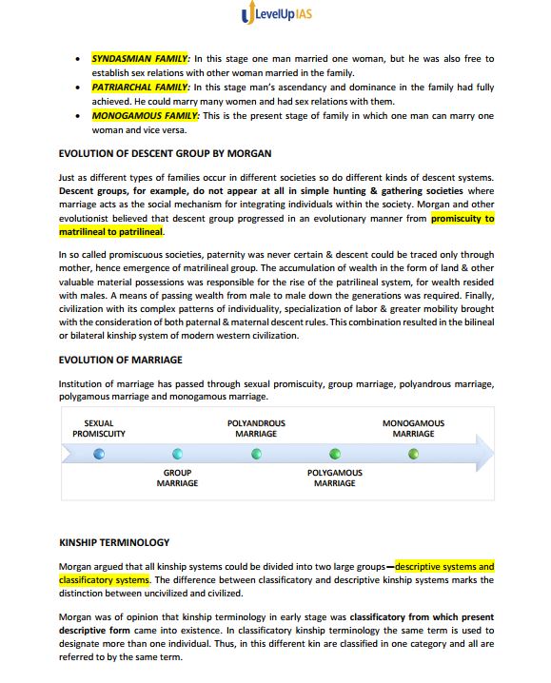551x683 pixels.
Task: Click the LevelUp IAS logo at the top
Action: click(275, 14)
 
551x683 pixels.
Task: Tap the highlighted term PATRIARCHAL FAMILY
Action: click(141, 87)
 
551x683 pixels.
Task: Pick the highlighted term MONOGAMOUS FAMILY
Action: click(144, 115)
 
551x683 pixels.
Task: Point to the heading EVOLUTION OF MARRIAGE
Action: click(121, 361)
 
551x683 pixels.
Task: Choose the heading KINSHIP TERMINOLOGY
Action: click(114, 542)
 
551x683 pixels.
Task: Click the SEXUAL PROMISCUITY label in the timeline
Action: click(99, 428)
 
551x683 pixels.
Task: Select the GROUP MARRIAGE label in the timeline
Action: click(177, 478)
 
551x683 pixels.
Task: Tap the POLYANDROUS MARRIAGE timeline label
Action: click(256, 428)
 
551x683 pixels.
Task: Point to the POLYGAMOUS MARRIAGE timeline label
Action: click(334, 478)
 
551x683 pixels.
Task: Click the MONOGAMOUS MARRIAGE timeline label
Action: click(413, 428)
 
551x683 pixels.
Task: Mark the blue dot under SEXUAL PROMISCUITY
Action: click(99, 454)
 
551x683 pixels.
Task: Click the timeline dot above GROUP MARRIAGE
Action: click(177, 454)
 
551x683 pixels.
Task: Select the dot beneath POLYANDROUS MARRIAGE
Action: click(256, 454)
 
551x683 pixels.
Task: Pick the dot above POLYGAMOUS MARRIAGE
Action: click(334, 454)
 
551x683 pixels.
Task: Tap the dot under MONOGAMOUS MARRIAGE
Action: click(413, 454)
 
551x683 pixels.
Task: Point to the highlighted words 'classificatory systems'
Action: click(104, 579)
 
